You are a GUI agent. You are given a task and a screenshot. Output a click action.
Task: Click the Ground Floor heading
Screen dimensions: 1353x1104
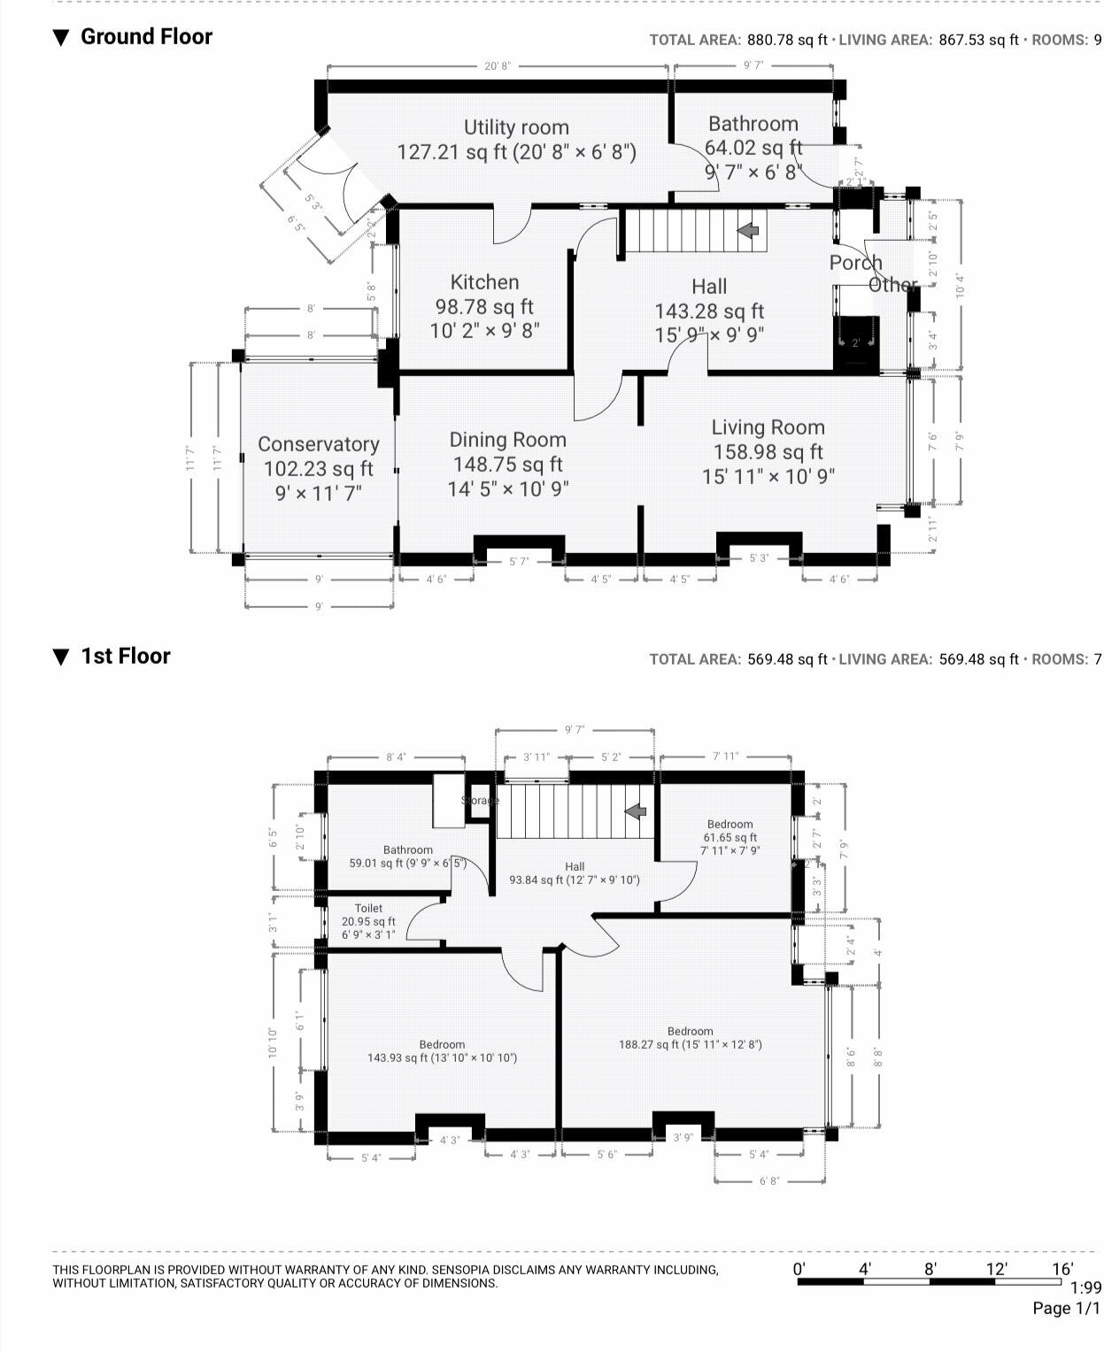point(146,37)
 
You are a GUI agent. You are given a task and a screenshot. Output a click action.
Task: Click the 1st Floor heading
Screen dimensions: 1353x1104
point(125,656)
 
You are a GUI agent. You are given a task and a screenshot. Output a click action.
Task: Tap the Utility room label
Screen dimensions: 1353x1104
point(516,127)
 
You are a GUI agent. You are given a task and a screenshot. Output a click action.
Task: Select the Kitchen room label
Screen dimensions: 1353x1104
point(484,282)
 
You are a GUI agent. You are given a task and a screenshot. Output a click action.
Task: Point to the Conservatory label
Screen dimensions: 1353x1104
point(318,444)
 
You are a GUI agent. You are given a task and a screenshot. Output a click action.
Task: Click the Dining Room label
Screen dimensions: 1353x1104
point(507,440)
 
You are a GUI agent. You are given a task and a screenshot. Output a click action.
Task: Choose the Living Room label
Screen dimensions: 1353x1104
point(768,427)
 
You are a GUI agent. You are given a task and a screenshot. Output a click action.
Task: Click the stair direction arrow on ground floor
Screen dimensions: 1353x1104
point(748,230)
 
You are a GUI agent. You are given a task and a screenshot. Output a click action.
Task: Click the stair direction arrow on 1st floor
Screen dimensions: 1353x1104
point(635,811)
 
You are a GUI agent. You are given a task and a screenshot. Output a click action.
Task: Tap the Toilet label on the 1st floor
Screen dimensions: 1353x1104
point(368,908)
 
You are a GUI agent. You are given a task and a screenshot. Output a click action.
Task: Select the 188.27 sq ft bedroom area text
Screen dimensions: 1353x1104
point(690,1044)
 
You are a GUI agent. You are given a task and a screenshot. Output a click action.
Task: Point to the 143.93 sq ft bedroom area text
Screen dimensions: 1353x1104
point(442,1057)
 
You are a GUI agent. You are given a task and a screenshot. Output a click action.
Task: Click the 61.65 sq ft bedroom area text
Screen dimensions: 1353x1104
point(730,837)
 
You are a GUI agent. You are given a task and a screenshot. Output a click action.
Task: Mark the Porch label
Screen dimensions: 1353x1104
point(855,263)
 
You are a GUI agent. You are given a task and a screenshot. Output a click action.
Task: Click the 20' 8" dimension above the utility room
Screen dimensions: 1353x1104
point(498,66)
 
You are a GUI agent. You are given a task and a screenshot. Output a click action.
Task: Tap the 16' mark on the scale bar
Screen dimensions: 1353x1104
point(1062,1269)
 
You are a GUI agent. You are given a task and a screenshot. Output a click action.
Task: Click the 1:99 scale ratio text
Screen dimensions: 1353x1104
point(1085,1288)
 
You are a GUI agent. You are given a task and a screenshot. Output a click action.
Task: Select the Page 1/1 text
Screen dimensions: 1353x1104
point(1067,1309)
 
